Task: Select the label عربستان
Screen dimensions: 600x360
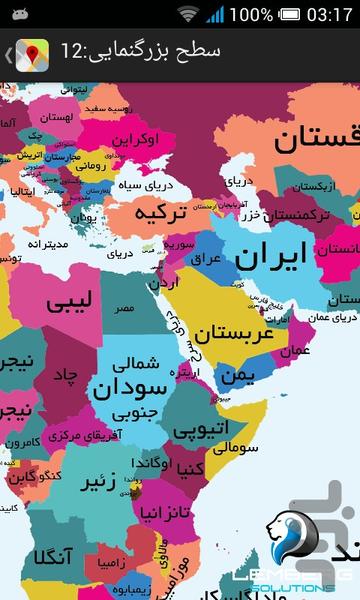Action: [234, 334]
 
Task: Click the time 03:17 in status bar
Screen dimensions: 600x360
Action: [328, 15]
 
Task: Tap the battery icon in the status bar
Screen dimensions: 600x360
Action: [215, 15]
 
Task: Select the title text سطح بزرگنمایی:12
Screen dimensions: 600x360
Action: [140, 52]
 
